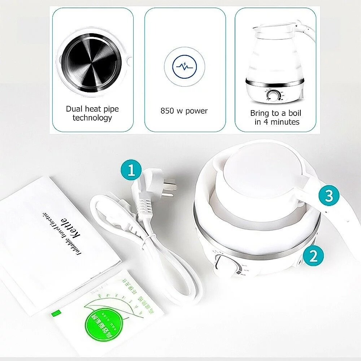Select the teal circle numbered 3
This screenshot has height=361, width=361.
[329, 196]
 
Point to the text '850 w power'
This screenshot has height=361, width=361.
[184, 111]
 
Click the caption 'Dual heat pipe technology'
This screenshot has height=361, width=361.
[92, 113]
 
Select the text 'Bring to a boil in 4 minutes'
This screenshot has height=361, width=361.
[275, 117]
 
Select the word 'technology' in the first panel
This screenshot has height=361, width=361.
[92, 118]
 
